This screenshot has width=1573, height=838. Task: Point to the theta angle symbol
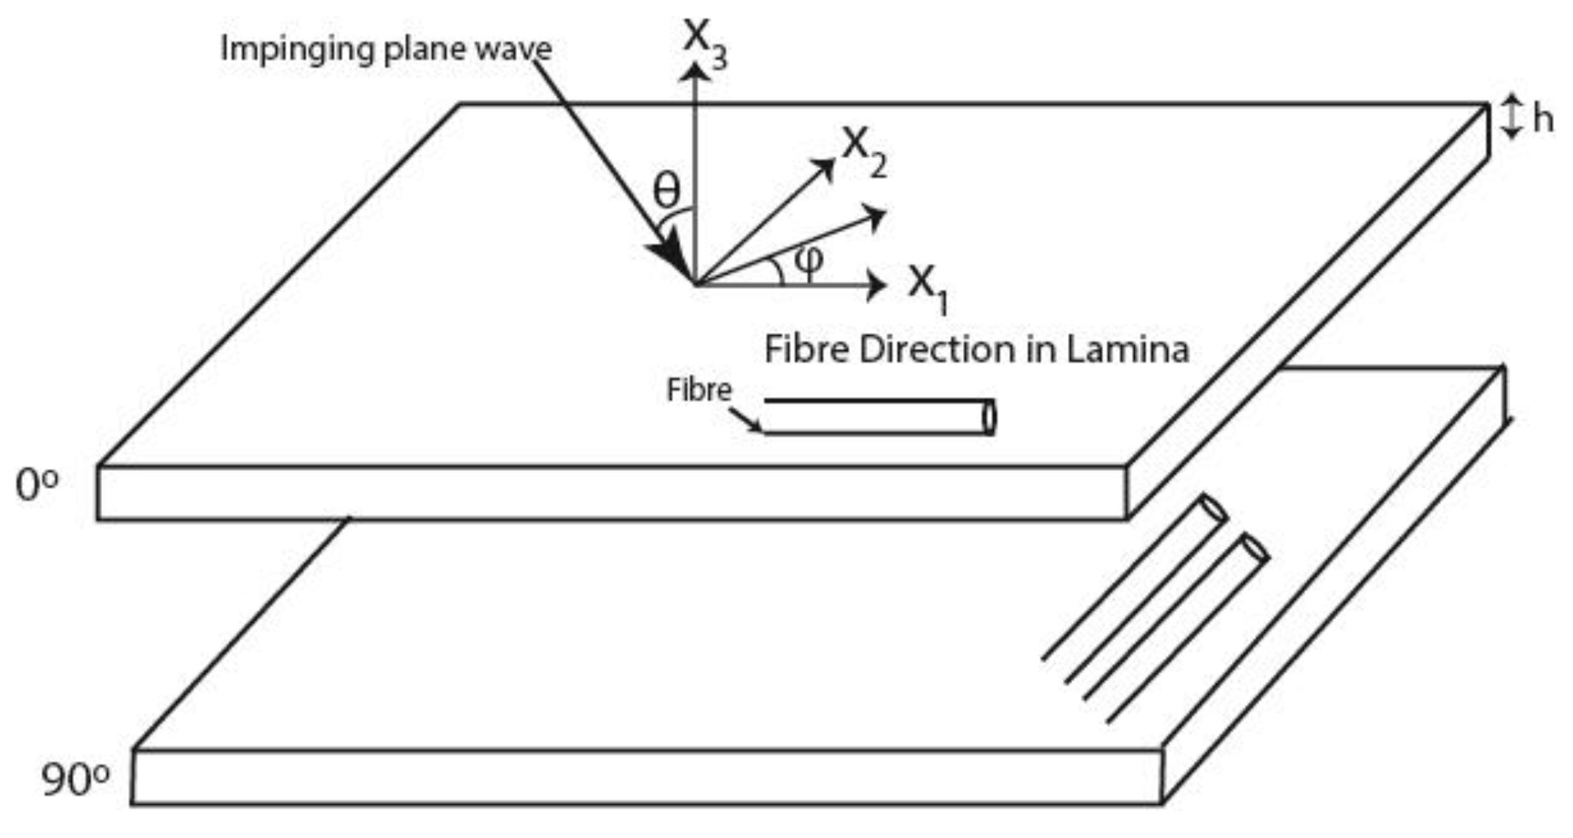click(x=667, y=191)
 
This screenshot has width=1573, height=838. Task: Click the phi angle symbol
click(x=808, y=259)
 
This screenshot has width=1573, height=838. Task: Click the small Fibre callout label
click(x=699, y=390)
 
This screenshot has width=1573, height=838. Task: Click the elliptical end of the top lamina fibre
click(x=989, y=417)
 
